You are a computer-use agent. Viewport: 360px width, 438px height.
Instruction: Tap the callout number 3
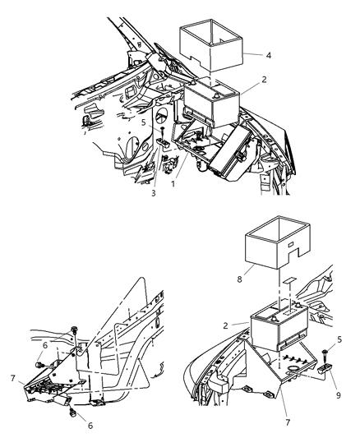click(x=153, y=194)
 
